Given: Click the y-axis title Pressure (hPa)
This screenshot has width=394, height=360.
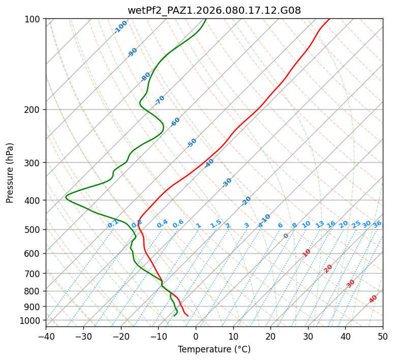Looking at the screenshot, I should pyautogui.click(x=10, y=172).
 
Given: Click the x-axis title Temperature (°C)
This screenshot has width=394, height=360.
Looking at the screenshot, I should pyautogui.click(x=214, y=350).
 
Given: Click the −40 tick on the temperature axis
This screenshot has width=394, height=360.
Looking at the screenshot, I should pyautogui.click(x=46, y=337).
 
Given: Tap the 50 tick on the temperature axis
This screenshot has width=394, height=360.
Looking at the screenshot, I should pyautogui.click(x=383, y=337).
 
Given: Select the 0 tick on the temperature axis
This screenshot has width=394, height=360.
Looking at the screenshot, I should pyautogui.click(x=196, y=337).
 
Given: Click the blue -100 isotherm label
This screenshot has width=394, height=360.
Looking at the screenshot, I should pyautogui.click(x=120, y=27).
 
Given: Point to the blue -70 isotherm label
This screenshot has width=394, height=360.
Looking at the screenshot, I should pyautogui.click(x=160, y=100).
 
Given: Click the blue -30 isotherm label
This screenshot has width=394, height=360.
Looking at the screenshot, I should pyautogui.click(x=227, y=183).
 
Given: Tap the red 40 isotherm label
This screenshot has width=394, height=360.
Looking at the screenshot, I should pyautogui.click(x=373, y=299).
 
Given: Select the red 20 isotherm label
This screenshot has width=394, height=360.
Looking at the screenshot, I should pyautogui.click(x=328, y=268).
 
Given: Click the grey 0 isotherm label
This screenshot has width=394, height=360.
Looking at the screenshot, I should pyautogui.click(x=286, y=236).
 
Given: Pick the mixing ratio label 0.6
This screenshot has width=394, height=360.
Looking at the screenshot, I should pyautogui.click(x=178, y=224).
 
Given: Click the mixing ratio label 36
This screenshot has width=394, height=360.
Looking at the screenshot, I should pyautogui.click(x=377, y=224).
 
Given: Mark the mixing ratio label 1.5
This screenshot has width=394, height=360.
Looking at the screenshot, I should pyautogui.click(x=216, y=224).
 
